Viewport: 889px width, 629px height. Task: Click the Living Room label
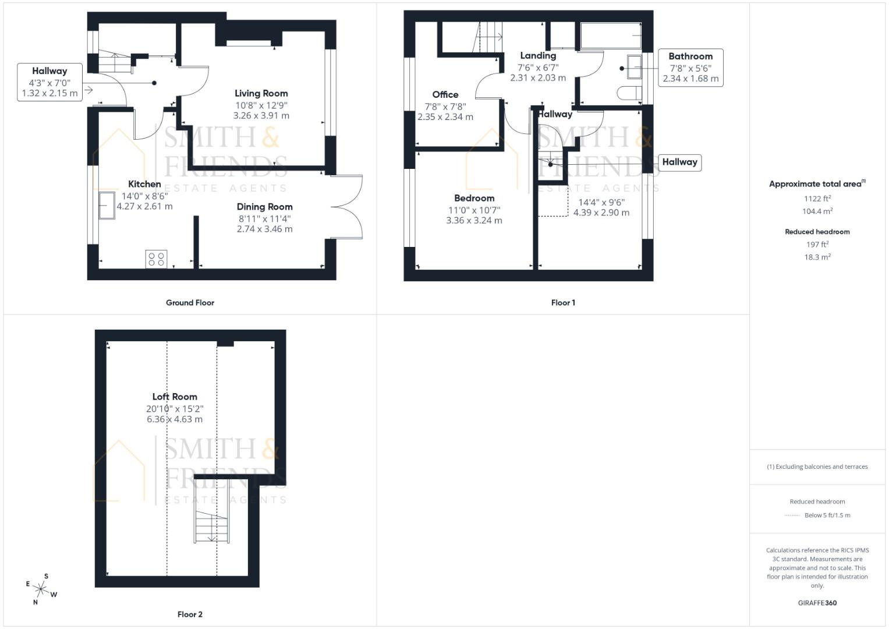pyautogui.click(x=261, y=93)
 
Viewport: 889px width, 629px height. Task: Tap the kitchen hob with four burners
pyautogui.click(x=156, y=259)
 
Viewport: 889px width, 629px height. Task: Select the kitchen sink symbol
pyautogui.click(x=107, y=205)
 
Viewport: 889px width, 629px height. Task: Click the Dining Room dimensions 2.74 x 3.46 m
pyautogui.click(x=264, y=229)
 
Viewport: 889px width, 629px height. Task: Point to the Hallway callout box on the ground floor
pyautogui.click(x=49, y=82)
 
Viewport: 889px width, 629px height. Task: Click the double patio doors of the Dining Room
pyautogui.click(x=348, y=207)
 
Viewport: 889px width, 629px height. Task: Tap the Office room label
pyautogui.click(x=445, y=94)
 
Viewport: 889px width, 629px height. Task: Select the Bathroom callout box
pyautogui.click(x=690, y=68)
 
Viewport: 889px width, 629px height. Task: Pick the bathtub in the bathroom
pyautogui.click(x=610, y=36)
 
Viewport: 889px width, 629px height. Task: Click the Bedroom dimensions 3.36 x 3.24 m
pyautogui.click(x=474, y=220)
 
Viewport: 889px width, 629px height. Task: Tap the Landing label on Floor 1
pyautogui.click(x=537, y=56)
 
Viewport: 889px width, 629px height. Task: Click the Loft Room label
pyautogui.click(x=175, y=397)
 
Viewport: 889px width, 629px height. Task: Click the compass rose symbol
pyautogui.click(x=41, y=589)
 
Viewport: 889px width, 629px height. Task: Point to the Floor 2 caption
pyautogui.click(x=190, y=614)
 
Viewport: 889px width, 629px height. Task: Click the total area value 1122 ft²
pyautogui.click(x=816, y=199)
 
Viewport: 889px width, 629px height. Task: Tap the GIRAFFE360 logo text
pyautogui.click(x=817, y=603)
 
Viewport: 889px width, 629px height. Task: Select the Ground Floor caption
pyautogui.click(x=190, y=302)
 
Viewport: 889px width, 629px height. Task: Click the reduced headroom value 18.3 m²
pyautogui.click(x=817, y=257)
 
